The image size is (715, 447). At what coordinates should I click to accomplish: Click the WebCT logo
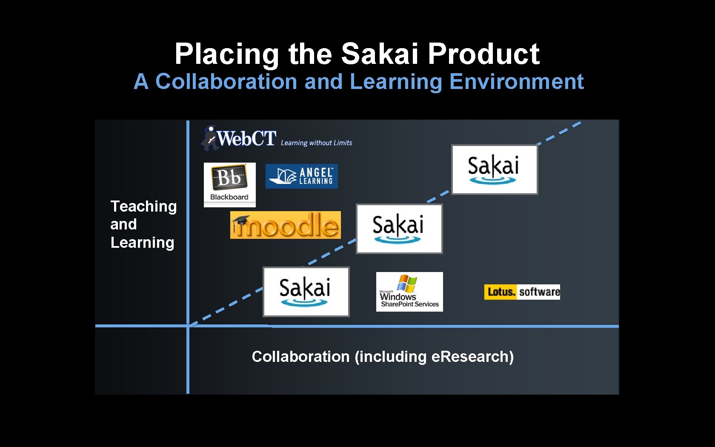pyautogui.click(x=239, y=138)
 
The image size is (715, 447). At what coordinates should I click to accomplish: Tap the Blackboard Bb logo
pyautogui.click(x=229, y=184)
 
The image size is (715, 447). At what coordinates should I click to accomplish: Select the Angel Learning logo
pyautogui.click(x=301, y=176)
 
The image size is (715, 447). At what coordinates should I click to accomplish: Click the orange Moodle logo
pyautogui.click(x=285, y=225)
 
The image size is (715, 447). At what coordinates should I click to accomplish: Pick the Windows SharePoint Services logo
pyautogui.click(x=409, y=292)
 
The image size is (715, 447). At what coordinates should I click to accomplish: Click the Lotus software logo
pyautogui.click(x=522, y=292)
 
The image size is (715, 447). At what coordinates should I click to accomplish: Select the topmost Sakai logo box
pyautogui.click(x=495, y=169)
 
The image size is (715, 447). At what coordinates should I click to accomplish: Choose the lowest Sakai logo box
pyautogui.click(x=306, y=292)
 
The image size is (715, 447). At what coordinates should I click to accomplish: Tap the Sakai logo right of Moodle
pyautogui.click(x=399, y=229)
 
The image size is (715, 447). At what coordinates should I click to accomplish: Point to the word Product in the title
pyautogui.click(x=483, y=54)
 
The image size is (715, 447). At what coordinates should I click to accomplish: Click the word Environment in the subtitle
pyautogui.click(x=516, y=82)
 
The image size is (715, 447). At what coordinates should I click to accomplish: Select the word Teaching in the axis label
pyautogui.click(x=143, y=206)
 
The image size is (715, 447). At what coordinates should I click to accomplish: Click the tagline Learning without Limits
pyautogui.click(x=316, y=143)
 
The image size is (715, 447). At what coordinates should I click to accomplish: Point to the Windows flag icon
pyautogui.click(x=407, y=283)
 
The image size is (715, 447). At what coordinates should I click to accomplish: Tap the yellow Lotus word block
pyautogui.click(x=500, y=292)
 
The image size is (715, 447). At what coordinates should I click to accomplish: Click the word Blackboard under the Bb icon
pyautogui.click(x=229, y=197)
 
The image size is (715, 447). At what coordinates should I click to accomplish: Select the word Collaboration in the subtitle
pyautogui.click(x=226, y=82)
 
